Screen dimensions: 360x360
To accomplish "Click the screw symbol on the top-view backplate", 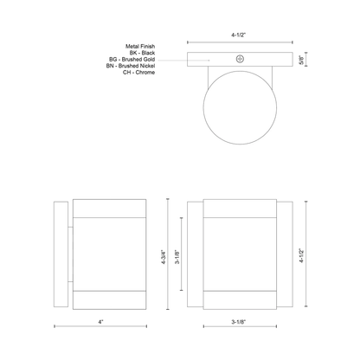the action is click(240, 59).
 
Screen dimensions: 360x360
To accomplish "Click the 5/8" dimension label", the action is click(301, 60).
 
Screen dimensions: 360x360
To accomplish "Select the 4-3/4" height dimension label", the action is click(164, 257).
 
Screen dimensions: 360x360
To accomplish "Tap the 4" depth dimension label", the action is click(100, 322).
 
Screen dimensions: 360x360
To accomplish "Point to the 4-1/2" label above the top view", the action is click(238, 35).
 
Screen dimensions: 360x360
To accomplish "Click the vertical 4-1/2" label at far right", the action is click(301, 255).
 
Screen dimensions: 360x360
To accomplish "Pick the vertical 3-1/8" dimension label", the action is click(177, 257).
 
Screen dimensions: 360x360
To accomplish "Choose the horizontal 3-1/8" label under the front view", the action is click(239, 322).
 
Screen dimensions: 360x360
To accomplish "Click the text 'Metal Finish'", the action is click(140, 46).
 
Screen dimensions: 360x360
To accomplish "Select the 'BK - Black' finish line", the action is click(142, 53).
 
